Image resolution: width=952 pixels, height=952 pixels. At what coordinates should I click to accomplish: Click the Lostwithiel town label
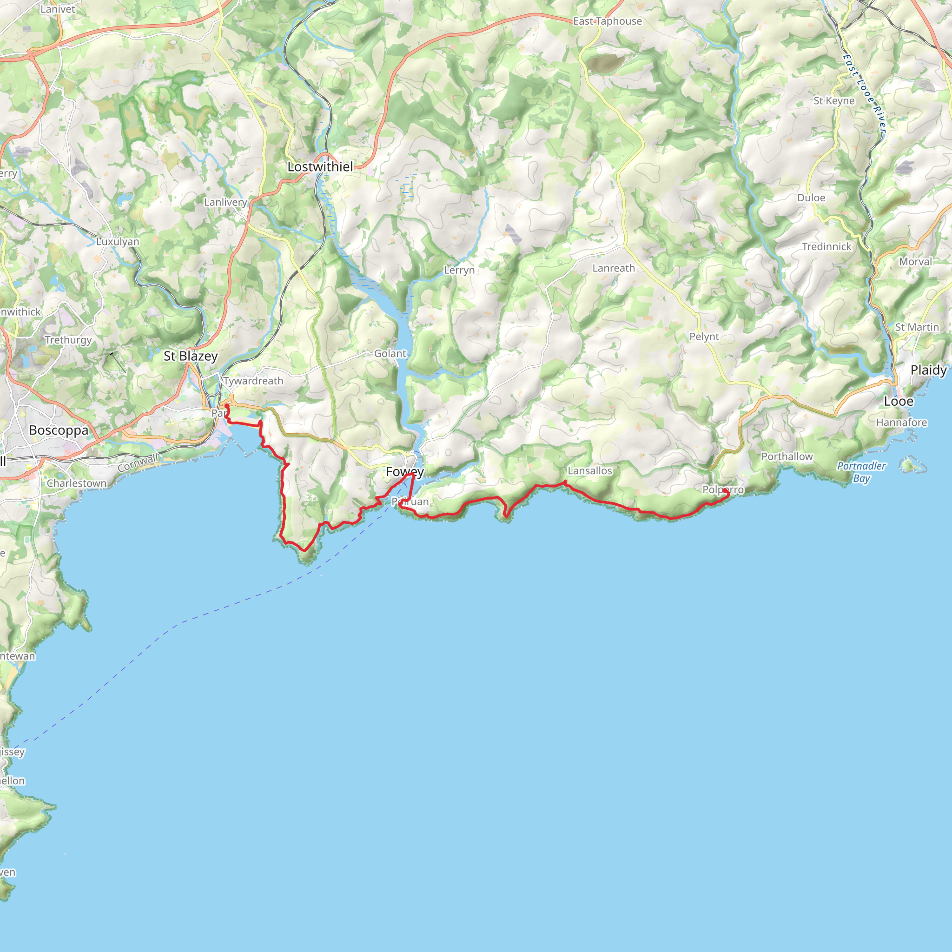tap(320, 167)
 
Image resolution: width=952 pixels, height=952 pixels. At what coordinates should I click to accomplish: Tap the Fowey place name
tap(404, 471)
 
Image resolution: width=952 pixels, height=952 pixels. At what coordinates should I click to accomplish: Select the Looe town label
tap(898, 401)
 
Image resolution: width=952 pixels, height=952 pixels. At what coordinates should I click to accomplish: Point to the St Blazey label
tap(190, 356)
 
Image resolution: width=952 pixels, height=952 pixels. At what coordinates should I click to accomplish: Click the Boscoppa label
tap(59, 430)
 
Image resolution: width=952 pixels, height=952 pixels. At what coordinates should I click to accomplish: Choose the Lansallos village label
tap(590, 470)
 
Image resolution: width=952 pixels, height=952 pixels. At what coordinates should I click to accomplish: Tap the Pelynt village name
tap(704, 337)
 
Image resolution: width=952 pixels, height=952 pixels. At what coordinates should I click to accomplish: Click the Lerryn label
tap(459, 270)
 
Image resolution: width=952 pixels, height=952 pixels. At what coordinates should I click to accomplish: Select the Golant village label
tap(390, 353)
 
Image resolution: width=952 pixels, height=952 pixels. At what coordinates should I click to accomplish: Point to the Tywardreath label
tap(253, 381)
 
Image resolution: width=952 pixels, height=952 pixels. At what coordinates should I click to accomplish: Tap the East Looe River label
tap(864, 93)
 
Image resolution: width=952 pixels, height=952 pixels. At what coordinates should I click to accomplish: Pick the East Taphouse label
tap(607, 21)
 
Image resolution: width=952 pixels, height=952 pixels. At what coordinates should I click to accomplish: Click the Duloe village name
tap(811, 198)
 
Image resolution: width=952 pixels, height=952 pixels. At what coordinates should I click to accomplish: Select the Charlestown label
tap(76, 483)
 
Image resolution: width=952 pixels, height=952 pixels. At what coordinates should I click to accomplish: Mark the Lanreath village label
tap(614, 268)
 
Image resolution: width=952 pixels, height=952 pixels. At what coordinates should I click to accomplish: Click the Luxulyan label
tap(118, 241)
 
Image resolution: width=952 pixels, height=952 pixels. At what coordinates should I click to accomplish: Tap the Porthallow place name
tap(787, 456)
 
